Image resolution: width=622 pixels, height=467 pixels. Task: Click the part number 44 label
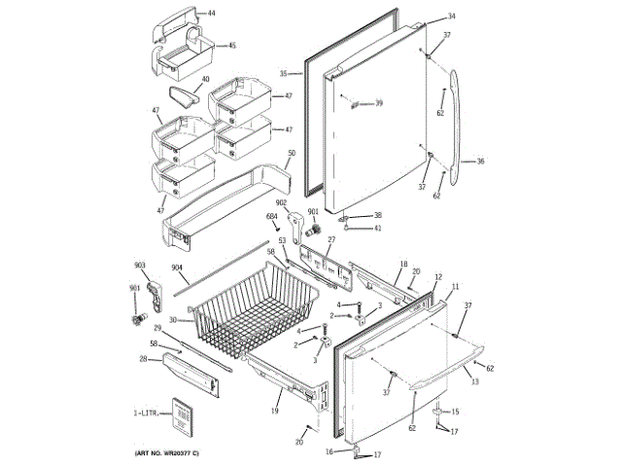coord(212,14)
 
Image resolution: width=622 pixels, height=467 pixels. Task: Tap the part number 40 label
coord(205,80)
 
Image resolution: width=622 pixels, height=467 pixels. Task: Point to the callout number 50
coord(291,154)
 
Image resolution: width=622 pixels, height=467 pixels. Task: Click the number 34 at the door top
coord(451,17)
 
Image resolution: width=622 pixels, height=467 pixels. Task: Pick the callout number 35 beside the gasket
coord(284,73)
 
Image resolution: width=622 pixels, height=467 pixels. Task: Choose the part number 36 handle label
coord(479,162)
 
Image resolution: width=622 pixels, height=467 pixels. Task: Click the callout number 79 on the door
coord(379,103)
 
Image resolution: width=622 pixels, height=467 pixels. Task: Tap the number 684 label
coord(272,216)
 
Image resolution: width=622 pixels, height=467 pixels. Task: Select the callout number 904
coord(178,268)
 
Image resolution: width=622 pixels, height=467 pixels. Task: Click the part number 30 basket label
coord(172,320)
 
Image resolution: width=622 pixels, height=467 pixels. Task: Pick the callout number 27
coord(330,238)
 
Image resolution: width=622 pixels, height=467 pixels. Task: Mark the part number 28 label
coord(142,359)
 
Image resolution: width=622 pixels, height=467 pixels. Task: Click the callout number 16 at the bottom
coord(328,451)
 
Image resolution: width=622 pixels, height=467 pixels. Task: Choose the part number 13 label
coord(474,382)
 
